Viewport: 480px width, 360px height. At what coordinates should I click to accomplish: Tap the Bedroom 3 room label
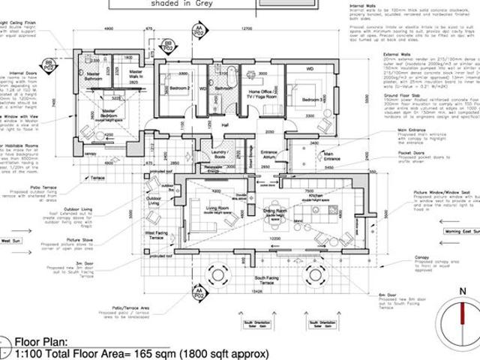tap(312, 99)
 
